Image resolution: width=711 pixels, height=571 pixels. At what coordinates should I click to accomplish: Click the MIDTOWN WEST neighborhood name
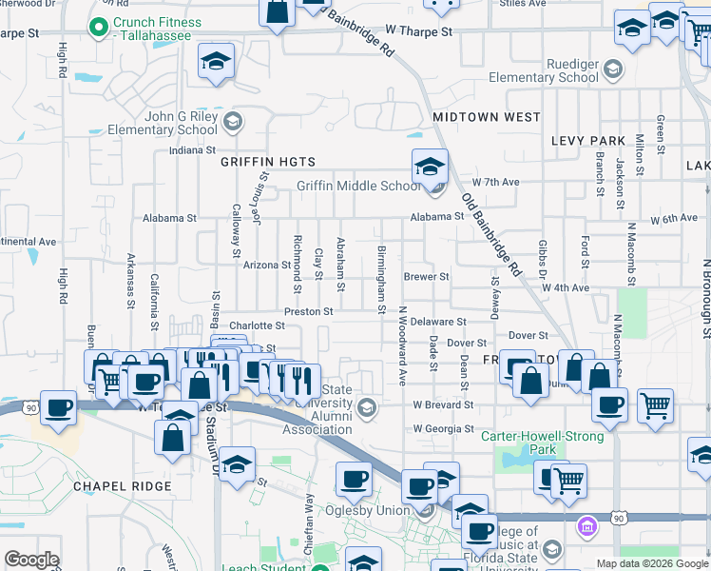pos(486,117)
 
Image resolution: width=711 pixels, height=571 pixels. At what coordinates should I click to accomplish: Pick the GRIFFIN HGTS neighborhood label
pos(267,162)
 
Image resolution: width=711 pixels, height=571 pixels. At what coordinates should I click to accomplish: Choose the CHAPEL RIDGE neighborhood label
pos(123,486)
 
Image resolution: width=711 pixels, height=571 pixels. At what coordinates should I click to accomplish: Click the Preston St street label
pos(308,311)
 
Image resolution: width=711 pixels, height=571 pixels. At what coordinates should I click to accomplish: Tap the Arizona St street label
pos(266,265)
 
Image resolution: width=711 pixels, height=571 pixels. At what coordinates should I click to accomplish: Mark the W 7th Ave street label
pos(496,182)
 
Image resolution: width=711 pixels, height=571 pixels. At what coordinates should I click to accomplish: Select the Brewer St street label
pos(426,277)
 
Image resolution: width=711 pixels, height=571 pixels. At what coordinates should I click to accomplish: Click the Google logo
pos(32,559)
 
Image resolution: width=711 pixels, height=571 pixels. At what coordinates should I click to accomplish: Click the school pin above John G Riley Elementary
pos(217,63)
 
